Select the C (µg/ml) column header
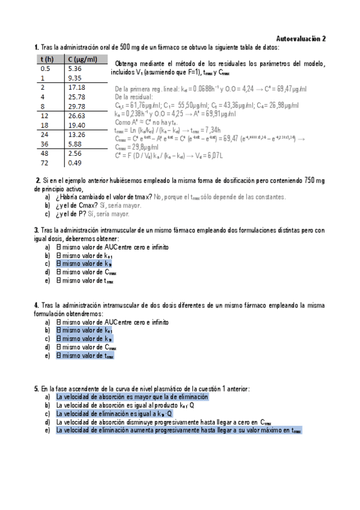[x=82, y=59]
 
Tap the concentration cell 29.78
[x=77, y=106]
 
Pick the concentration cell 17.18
[x=77, y=87]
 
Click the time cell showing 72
[x=43, y=162]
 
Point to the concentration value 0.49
[x=75, y=162]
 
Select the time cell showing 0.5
[x=44, y=69]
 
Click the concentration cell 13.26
[x=77, y=134]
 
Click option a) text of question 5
[x=132, y=397]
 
